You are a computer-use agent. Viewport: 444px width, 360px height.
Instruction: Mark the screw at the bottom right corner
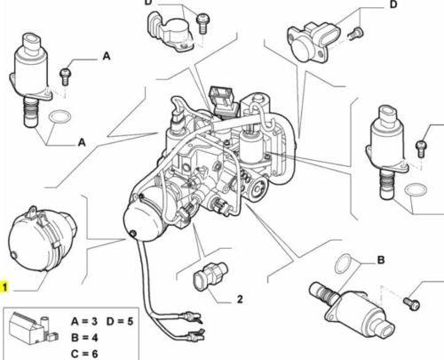pos(410,301)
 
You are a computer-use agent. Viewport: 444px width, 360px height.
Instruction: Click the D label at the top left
pos(148,4)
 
